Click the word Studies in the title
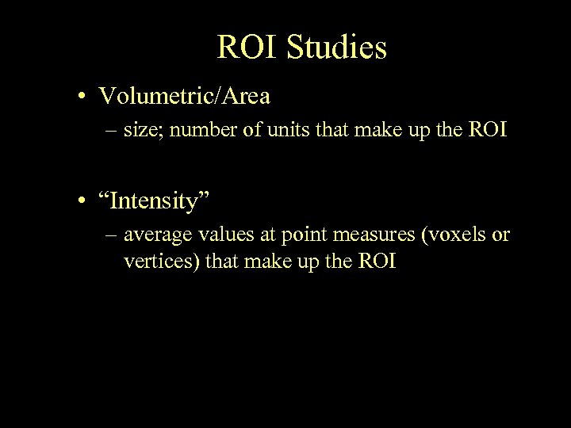[337, 48]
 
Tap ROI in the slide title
[247, 48]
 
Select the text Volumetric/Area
[185, 97]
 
